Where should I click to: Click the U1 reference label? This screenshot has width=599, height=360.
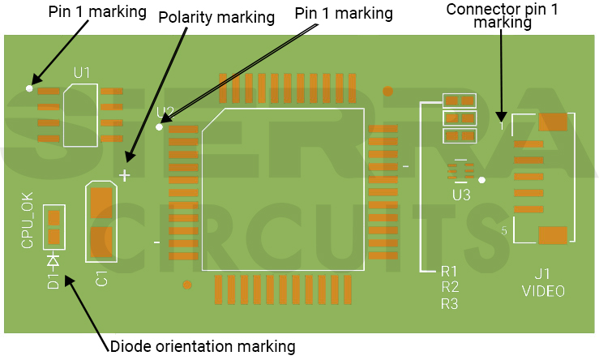pos(82,72)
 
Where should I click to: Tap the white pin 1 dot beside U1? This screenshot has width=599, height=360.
pos(30,88)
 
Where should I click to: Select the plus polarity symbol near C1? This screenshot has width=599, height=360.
pos(124,175)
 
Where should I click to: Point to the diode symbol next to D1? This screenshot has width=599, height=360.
pos(53,260)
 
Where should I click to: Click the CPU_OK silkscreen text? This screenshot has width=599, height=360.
pos(28,220)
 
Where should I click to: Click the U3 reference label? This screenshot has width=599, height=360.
pos(461,195)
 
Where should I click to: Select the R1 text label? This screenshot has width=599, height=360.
pos(450,271)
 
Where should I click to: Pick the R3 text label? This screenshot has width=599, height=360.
pos(450,304)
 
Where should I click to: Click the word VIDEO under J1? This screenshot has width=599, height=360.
pos(543,291)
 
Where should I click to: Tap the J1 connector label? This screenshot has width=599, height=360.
pos(542,274)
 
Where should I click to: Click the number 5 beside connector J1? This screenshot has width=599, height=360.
pos(504,231)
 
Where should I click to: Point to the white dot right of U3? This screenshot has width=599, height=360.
pos(481,180)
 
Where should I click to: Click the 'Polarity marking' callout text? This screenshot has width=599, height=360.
pos(216,18)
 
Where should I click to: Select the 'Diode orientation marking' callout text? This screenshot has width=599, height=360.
pos(202,347)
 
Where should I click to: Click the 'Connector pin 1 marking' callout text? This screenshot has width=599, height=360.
pos(503,16)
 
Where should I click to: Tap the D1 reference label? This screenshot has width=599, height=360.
pos(53,281)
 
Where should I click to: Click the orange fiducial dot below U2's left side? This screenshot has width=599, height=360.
pos(187,285)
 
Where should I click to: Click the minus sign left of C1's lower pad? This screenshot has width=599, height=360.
pos(156,241)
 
